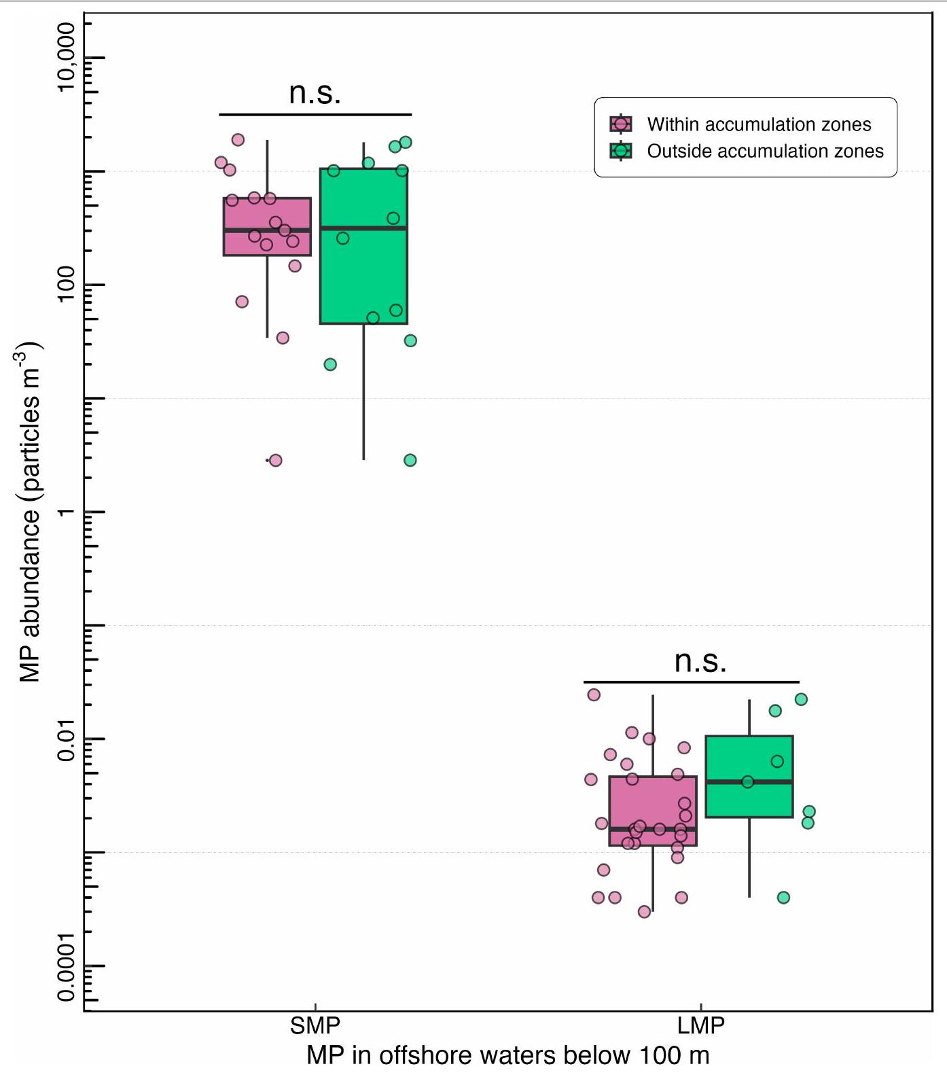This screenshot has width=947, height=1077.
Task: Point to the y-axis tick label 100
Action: [66, 284]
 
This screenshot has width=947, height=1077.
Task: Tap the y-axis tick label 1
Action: [66, 511]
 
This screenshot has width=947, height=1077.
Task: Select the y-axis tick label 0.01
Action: [66, 738]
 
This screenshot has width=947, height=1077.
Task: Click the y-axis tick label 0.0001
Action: [66, 966]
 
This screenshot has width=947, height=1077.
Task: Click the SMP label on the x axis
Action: [315, 1025]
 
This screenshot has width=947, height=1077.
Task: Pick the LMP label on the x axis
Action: [701, 1025]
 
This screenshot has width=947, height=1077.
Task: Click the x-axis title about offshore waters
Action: [507, 1055]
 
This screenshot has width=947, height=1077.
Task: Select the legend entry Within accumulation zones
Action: [759, 124]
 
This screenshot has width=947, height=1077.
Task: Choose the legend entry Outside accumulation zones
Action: [765, 151]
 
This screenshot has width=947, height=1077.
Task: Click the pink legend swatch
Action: [621, 124]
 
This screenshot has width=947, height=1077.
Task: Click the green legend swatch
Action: [621, 151]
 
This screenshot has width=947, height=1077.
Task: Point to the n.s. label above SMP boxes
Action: [315, 93]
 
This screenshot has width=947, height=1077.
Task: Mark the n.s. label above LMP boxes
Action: [700, 661]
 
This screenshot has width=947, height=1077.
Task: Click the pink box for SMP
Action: [267, 227]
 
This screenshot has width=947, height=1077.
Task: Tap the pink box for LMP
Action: [653, 811]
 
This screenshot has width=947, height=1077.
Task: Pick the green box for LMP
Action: [749, 777]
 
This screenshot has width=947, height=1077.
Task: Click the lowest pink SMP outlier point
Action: [275, 460]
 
